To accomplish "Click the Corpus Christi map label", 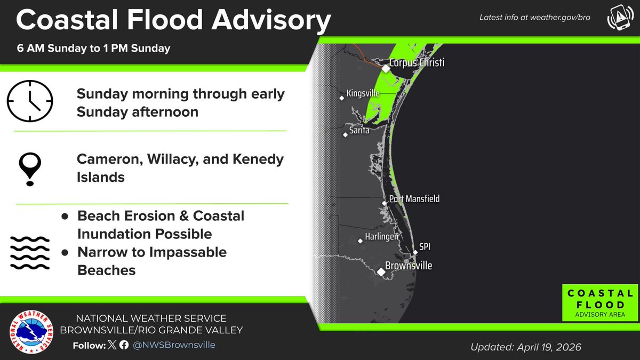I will coord(417,63).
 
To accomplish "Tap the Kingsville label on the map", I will coord(363,93).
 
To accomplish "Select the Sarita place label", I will coord(359,130).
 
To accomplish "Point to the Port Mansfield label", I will coord(414,199).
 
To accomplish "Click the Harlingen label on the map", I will coord(381,237).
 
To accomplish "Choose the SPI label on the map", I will coord(425,247).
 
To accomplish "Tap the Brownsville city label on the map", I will coord(410,266).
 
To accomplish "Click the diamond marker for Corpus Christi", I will coord(385,68).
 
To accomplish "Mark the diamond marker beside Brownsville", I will coord(382,272).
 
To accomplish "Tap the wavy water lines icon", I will coord(30,252).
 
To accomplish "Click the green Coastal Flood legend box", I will coord(599,303).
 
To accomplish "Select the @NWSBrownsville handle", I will coord(174,345).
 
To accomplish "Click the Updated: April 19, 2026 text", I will coord(526,347).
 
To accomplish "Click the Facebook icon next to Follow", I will coord(124,345).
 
